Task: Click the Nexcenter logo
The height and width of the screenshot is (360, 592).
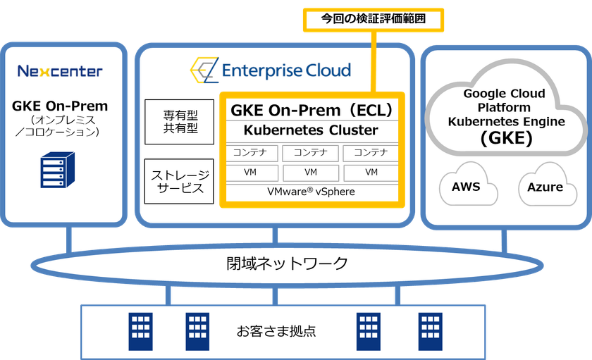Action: [x=60, y=71]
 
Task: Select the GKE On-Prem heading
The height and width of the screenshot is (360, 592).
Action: [x=61, y=106]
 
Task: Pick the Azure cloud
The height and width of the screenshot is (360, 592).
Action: [x=545, y=187]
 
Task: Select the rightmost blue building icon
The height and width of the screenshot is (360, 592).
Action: [x=430, y=332]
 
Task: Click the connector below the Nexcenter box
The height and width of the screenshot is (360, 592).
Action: [x=69, y=240]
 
